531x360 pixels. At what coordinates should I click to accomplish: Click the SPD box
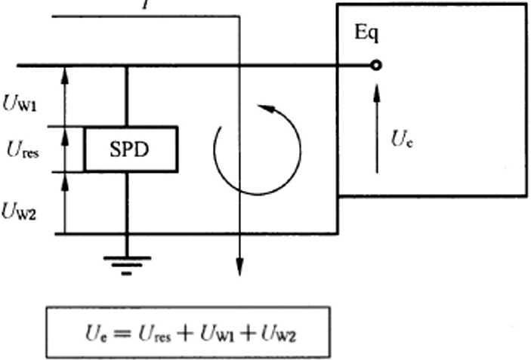pyautogui.click(x=131, y=149)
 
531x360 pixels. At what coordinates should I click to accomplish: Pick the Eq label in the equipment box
pyautogui.click(x=366, y=34)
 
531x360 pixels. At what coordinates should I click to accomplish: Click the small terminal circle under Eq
pyautogui.click(x=376, y=66)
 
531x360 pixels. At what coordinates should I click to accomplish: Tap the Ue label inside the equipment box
pyautogui.click(x=402, y=138)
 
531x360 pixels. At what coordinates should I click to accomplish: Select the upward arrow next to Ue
pyautogui.click(x=377, y=128)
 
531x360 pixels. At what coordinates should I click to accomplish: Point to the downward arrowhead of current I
pyautogui.click(x=239, y=268)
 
